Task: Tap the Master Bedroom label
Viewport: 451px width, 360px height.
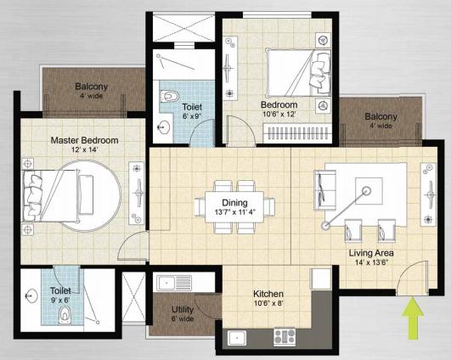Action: pos(83,140)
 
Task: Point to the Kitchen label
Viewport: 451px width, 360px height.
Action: pos(268,294)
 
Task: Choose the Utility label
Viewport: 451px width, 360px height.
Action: pos(183,309)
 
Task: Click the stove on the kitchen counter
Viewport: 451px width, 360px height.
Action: pos(284,336)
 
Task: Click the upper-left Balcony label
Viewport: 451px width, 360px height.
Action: pos(90,87)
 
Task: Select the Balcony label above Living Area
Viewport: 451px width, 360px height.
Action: pos(381,116)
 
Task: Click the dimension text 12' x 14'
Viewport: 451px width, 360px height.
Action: pos(82,151)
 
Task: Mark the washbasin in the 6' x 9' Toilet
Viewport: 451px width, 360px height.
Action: pos(164,127)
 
